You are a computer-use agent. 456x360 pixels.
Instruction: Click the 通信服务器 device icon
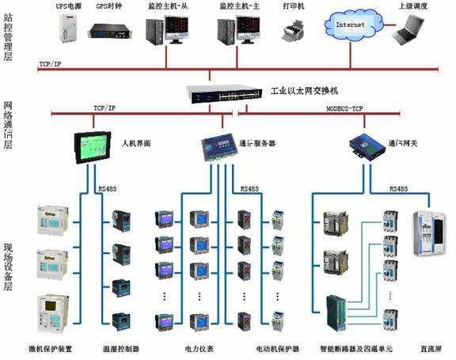pyautogui.click(x=217, y=147)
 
